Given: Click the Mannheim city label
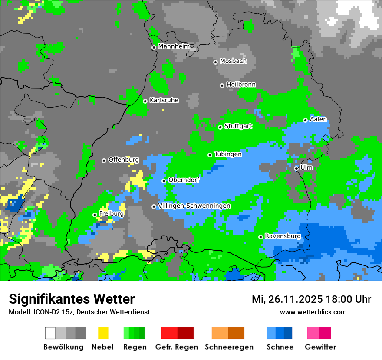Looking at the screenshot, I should [x=173, y=46].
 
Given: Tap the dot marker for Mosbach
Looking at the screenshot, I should [x=215, y=62].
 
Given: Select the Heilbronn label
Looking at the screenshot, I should [x=241, y=85].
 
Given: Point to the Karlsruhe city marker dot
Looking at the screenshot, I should [x=145, y=101].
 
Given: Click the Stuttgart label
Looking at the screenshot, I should [x=238, y=126].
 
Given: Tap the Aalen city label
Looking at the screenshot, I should [x=318, y=119].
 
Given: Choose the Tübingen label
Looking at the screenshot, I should [x=228, y=154].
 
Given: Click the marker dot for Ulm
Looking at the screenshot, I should [x=296, y=168].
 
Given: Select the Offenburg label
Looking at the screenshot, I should [x=123, y=160].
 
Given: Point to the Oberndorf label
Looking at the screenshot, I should [x=184, y=180].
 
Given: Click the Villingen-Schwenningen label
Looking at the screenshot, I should [x=194, y=206].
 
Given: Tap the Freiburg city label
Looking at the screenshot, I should [x=112, y=214].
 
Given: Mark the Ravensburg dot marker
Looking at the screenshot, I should [x=261, y=237].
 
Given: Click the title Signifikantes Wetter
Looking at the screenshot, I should [x=72, y=299].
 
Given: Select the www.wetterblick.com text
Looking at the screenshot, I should [x=313, y=312].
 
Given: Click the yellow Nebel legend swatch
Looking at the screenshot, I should [x=103, y=333].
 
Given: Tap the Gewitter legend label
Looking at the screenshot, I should [x=320, y=347].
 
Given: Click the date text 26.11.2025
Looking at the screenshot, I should [x=295, y=299].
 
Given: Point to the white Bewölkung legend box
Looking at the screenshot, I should [x=50, y=333].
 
